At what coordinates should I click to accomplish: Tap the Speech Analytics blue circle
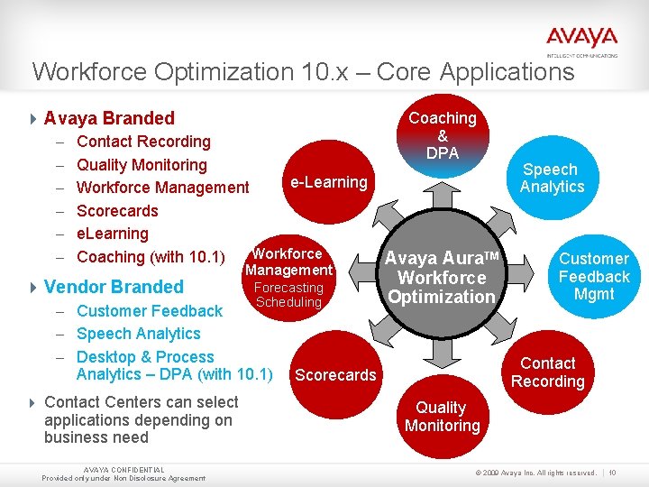tap(552, 178)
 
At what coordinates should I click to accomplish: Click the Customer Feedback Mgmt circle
tap(593, 276)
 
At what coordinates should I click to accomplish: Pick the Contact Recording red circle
tap(547, 372)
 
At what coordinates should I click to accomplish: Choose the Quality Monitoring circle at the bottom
tap(442, 417)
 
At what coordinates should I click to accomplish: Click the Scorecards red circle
tap(335, 374)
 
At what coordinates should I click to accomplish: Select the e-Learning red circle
tap(328, 182)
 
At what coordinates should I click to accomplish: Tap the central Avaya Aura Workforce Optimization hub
tap(442, 278)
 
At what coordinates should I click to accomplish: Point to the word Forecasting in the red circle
tap(288, 288)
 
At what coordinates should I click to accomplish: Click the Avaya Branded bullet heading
tap(108, 118)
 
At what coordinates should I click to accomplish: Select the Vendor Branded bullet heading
tap(113, 287)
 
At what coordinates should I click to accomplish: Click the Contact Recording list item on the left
tap(143, 142)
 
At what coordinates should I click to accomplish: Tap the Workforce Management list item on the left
tap(162, 188)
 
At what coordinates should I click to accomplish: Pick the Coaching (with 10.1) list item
tap(151, 257)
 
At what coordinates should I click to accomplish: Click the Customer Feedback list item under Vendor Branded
tap(150, 311)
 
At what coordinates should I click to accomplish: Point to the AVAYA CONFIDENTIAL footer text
tap(123, 471)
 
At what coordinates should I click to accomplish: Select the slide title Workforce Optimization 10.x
tap(302, 71)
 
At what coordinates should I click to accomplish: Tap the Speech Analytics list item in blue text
tap(138, 334)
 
